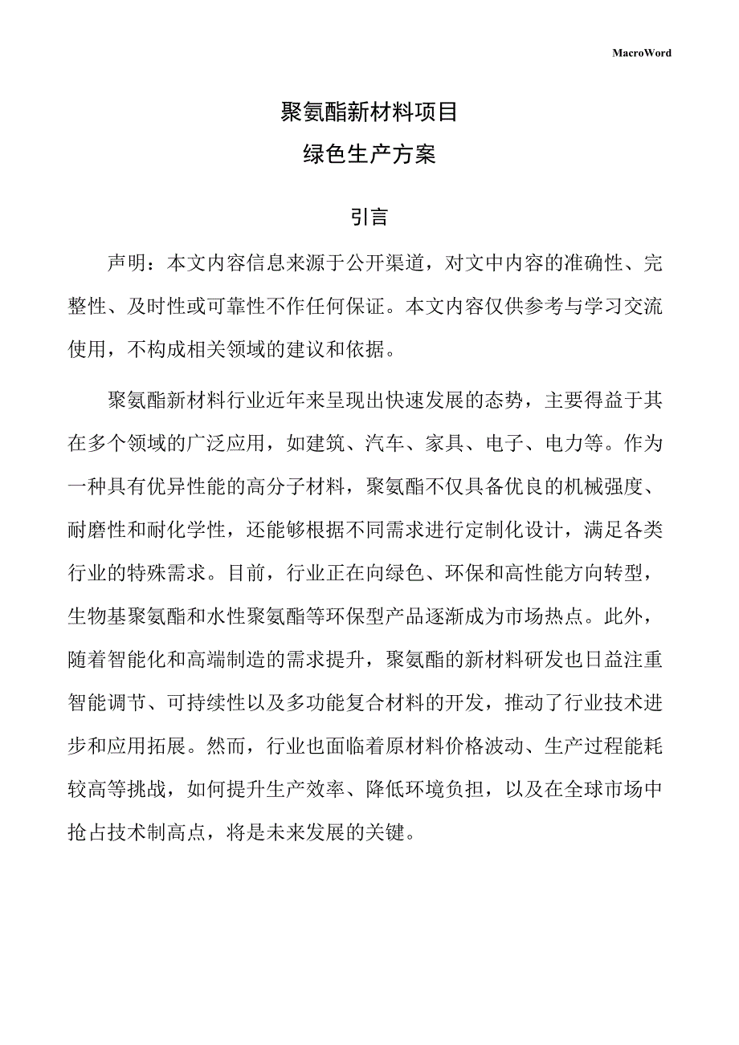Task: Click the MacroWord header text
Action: pos(642,53)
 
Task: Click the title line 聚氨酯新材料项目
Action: pos(369,112)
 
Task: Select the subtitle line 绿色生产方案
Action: pos(369,154)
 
